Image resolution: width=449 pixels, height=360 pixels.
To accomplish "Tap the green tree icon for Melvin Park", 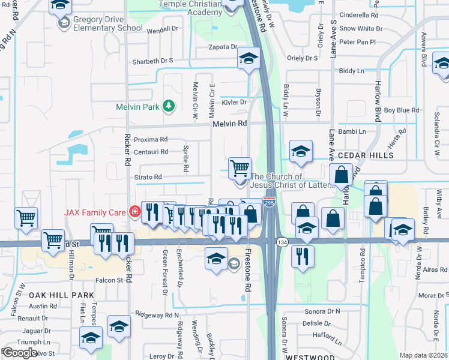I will [x=169, y=106].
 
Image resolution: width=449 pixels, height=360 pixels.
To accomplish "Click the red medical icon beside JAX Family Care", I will [x=134, y=212].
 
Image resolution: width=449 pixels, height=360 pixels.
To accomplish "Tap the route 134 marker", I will [x=282, y=241].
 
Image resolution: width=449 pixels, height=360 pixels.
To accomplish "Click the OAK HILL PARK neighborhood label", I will [x=61, y=295].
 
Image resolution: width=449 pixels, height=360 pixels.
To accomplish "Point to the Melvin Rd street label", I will [x=229, y=124].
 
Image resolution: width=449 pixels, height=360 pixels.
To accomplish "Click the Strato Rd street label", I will [x=148, y=177].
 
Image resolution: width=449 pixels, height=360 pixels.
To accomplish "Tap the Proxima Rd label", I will [x=151, y=139].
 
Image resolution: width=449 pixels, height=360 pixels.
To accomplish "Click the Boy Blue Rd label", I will [x=401, y=110].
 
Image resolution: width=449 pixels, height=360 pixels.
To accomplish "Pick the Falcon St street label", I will [x=109, y=280].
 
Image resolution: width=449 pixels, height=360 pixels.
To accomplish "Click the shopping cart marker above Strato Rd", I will [x=240, y=168].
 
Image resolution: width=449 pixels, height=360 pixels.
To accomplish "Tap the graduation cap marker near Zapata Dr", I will [x=247, y=59].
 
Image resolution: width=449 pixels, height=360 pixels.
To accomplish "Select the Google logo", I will [x=20, y=352].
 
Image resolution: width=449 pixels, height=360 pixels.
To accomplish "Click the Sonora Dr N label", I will [x=321, y=311].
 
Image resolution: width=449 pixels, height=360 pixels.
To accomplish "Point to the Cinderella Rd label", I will [x=358, y=15].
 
